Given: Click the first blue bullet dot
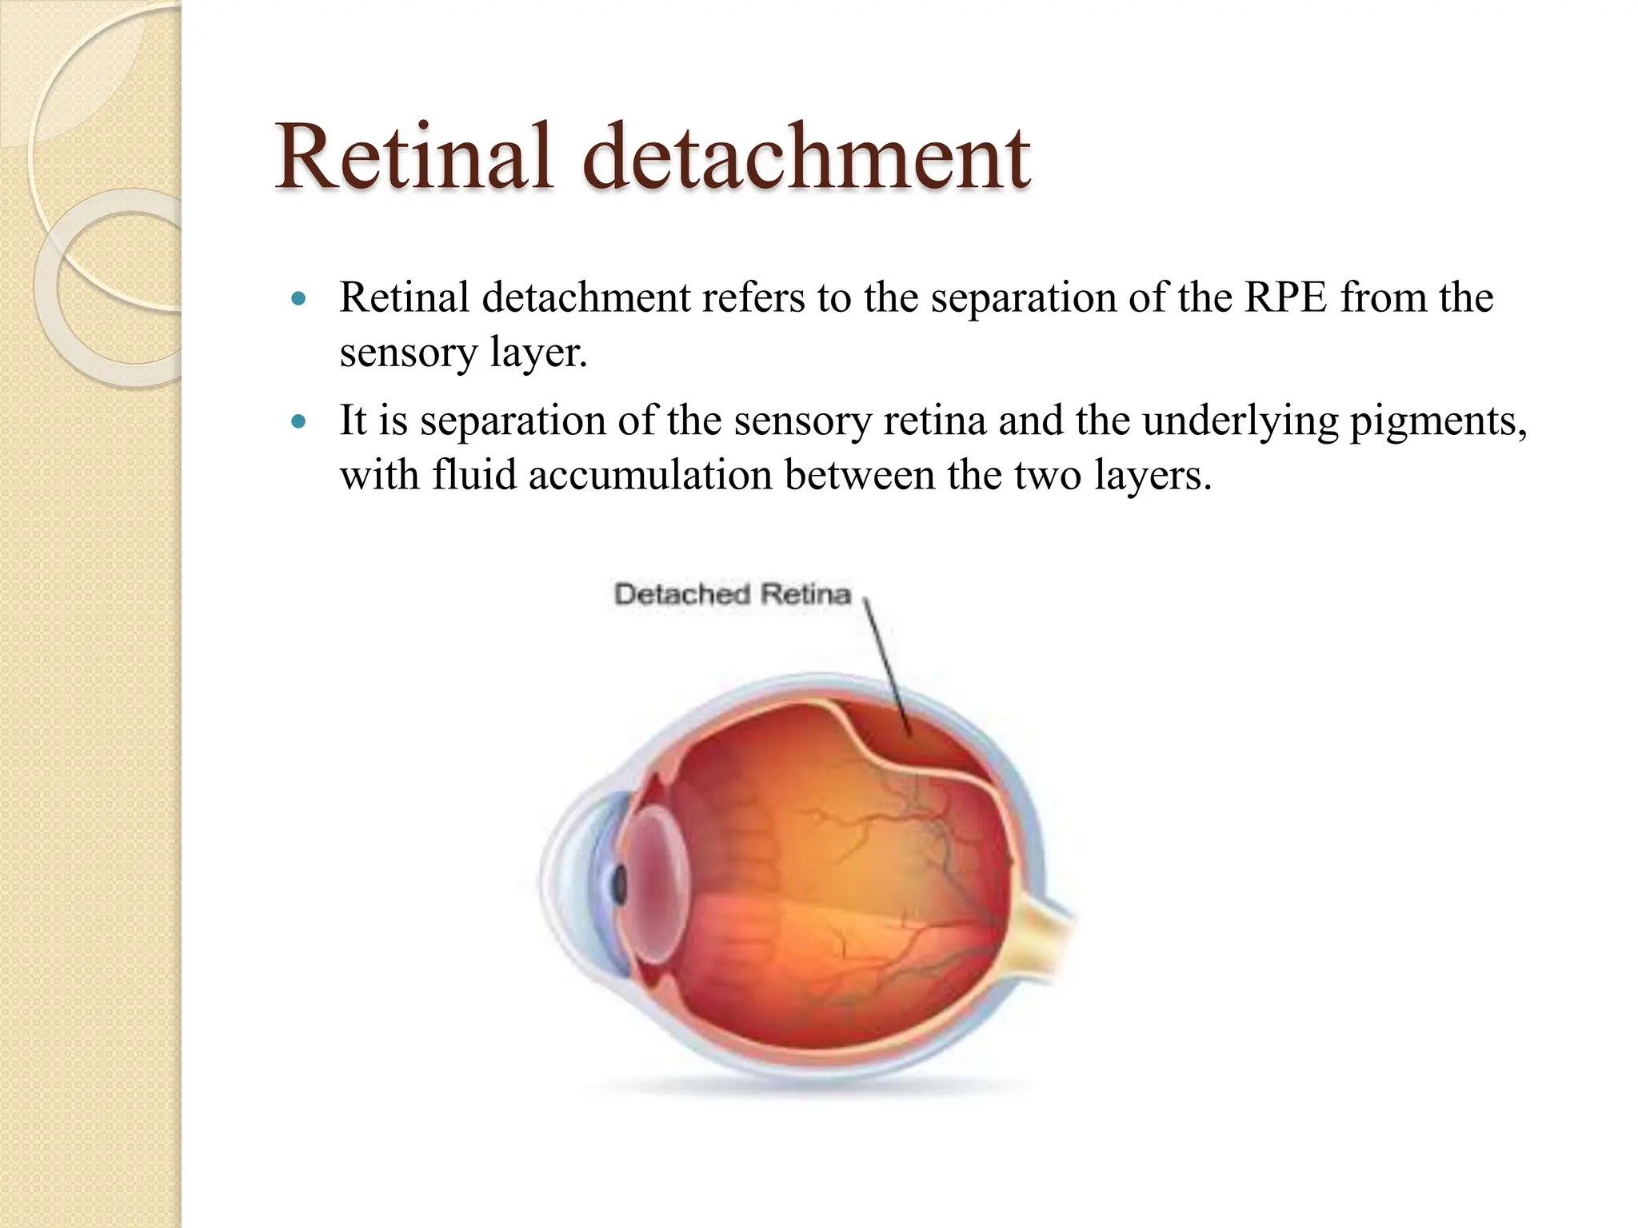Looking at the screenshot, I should pyautogui.click(x=299, y=299).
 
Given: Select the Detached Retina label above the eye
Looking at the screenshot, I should pyautogui.click(x=732, y=594).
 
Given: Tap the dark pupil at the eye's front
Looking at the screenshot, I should pyautogui.click(x=618, y=884).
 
